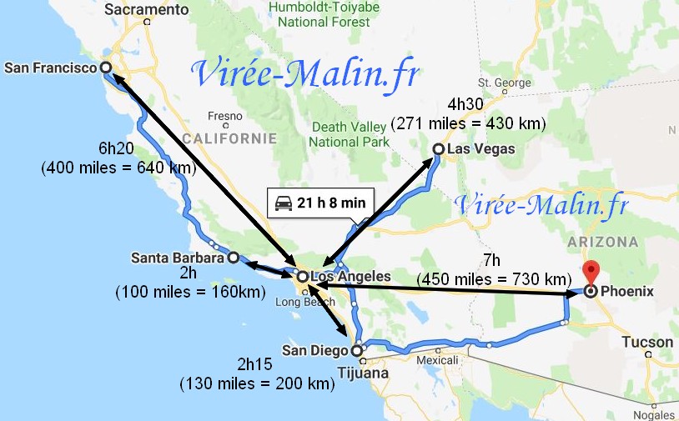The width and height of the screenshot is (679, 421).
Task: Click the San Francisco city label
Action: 50,68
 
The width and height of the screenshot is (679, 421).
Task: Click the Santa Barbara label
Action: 178,258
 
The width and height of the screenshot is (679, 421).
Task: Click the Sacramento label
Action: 148,9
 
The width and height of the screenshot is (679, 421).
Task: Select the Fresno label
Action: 225,116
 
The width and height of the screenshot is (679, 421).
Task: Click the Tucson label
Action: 646,343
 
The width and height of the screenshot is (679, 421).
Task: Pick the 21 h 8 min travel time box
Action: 320,203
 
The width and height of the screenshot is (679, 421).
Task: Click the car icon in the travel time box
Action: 284,203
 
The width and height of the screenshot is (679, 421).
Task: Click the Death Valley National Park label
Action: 350,134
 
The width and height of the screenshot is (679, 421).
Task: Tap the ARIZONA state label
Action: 604,242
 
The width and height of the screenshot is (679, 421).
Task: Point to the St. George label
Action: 499,83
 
